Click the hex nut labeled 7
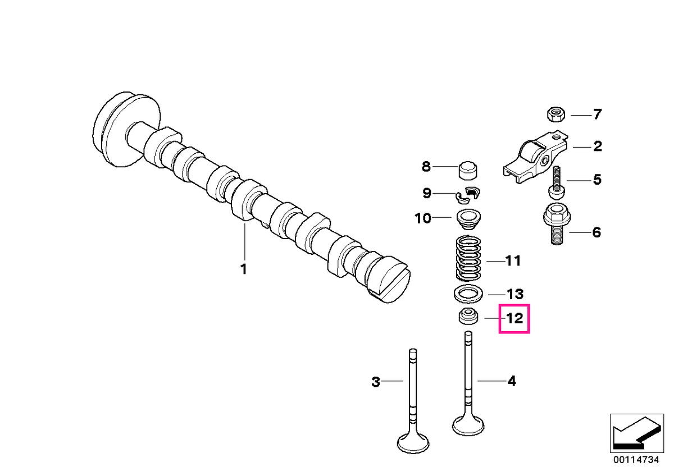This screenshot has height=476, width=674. pos(555,115)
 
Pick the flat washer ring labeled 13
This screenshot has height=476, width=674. pos(468,294)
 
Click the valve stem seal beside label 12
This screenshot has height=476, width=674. pos(468,317)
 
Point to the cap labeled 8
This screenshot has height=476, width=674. pos(468,171)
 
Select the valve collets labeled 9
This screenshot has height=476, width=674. pos(467,197)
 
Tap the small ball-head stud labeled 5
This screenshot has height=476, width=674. pos(557,184)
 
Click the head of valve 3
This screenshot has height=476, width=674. pos(413,441)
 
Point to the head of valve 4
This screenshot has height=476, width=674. pos(468,424)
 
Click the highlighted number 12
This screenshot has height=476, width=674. pos(514,318)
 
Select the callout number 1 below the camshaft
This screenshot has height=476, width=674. pos(244,269)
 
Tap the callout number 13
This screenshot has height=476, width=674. pos(516,294)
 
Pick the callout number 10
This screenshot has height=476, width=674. pos(423,218)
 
